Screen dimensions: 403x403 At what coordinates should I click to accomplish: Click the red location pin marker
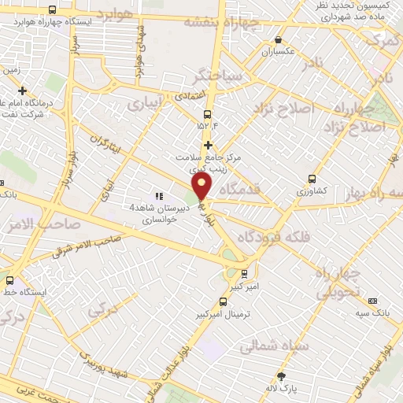click(x=202, y=186)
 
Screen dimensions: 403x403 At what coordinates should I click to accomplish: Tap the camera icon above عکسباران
click(x=277, y=39)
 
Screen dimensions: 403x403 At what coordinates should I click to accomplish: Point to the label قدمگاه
click(x=241, y=189)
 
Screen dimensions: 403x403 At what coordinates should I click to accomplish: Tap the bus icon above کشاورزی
click(x=312, y=179)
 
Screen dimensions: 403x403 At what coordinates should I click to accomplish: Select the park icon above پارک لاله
click(x=281, y=377)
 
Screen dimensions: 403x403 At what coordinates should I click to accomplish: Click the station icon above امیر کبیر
click(x=244, y=273)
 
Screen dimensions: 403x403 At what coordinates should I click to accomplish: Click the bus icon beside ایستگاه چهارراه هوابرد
click(x=52, y=10)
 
